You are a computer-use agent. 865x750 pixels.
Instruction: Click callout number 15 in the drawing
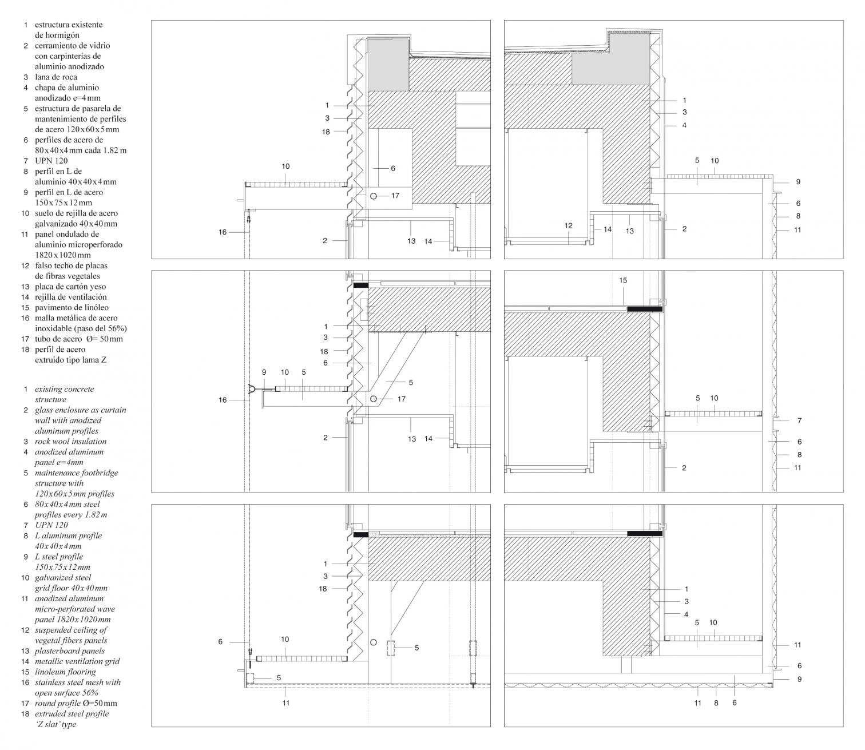(623, 280)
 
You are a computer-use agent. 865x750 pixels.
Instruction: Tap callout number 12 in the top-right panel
(568, 226)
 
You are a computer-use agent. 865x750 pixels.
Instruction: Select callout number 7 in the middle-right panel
(799, 420)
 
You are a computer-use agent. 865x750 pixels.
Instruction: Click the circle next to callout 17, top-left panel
(374, 196)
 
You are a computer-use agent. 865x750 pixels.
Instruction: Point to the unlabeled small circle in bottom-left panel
(374, 642)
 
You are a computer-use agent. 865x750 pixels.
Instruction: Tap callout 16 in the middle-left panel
(223, 400)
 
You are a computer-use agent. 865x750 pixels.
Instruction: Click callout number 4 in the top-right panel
(684, 125)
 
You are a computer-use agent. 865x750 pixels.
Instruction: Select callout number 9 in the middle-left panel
(264, 372)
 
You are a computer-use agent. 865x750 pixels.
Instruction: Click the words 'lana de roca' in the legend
(55, 77)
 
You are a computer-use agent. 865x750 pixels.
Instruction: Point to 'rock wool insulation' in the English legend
(70, 441)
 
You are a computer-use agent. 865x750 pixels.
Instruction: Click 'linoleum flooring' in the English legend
(65, 672)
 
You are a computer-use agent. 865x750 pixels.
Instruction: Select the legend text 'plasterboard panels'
(70, 650)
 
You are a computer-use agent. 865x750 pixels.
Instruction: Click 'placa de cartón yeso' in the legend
(70, 287)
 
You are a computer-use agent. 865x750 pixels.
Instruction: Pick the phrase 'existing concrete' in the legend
(64, 389)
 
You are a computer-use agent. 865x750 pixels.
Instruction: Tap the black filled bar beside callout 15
(645, 309)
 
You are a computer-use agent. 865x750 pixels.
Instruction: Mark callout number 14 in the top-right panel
(608, 229)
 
